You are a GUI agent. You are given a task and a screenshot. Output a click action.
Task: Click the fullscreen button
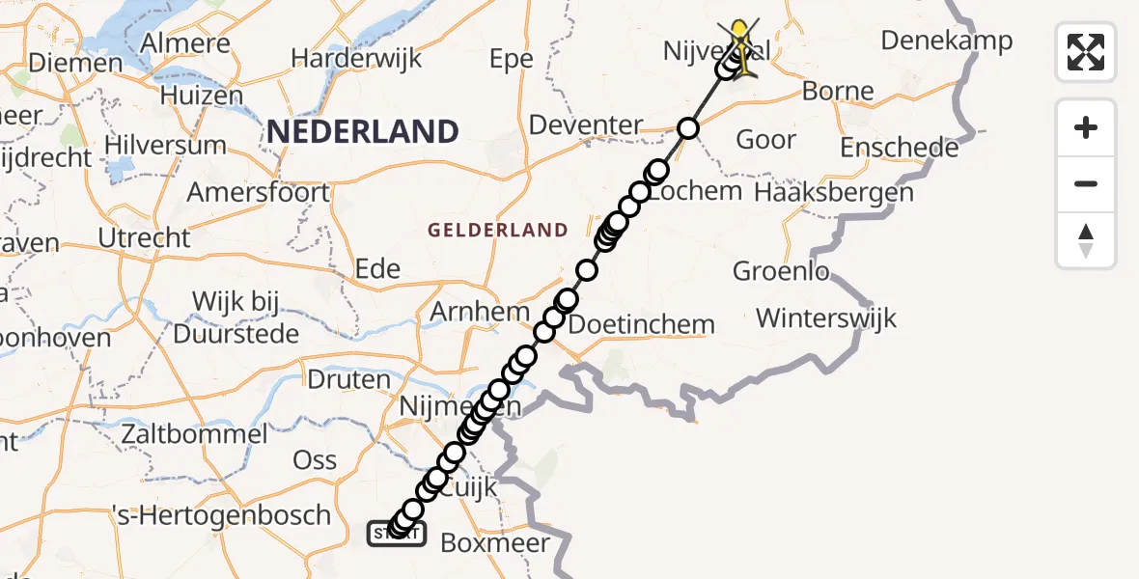[x=1086, y=51]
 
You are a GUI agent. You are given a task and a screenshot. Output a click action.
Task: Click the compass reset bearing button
[x=1086, y=240]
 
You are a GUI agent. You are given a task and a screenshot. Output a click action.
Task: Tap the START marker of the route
[x=396, y=532]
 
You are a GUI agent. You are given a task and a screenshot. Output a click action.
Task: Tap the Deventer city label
[x=585, y=125]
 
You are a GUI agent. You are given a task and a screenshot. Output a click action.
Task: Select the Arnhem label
[x=479, y=312]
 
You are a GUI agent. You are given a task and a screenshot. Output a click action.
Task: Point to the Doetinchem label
[x=642, y=324]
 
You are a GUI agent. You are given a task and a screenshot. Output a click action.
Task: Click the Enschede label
[x=899, y=149]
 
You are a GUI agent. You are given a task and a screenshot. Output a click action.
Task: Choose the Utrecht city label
[x=144, y=237]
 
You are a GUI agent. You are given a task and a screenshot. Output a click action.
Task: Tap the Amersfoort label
[x=258, y=192]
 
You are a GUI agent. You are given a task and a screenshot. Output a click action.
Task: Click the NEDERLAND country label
[x=362, y=131]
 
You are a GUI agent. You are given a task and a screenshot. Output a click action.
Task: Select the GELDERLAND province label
[x=497, y=230]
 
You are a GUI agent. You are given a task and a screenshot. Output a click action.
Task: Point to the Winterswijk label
[x=826, y=317]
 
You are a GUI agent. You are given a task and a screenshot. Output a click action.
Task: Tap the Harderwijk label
[x=356, y=58]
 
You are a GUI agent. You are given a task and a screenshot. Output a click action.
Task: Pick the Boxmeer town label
[x=494, y=542]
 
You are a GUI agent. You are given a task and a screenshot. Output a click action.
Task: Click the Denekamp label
[x=947, y=41]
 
